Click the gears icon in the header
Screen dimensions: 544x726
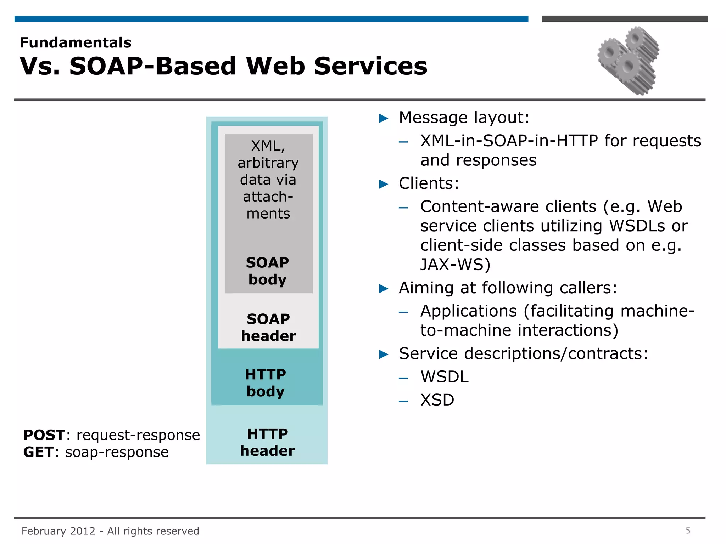(x=628, y=60)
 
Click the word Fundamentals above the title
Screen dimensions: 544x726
(x=76, y=43)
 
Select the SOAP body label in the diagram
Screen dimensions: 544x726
(x=268, y=271)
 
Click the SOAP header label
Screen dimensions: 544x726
(x=268, y=328)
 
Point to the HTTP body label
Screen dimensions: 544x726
(x=266, y=383)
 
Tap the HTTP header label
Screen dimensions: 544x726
(x=267, y=442)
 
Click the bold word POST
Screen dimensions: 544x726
(x=44, y=435)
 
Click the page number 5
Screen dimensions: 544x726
(x=688, y=531)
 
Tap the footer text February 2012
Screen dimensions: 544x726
(x=58, y=531)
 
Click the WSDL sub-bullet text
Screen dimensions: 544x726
(x=445, y=377)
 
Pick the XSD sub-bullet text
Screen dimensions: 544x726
(x=437, y=400)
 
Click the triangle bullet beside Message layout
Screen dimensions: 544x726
(x=384, y=118)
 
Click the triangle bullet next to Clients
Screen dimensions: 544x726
(x=384, y=184)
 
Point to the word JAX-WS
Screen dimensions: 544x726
(x=455, y=265)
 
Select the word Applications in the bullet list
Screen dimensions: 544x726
(x=469, y=311)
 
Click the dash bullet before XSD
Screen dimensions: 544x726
(x=403, y=401)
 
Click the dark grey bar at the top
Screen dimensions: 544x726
(x=624, y=19)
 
